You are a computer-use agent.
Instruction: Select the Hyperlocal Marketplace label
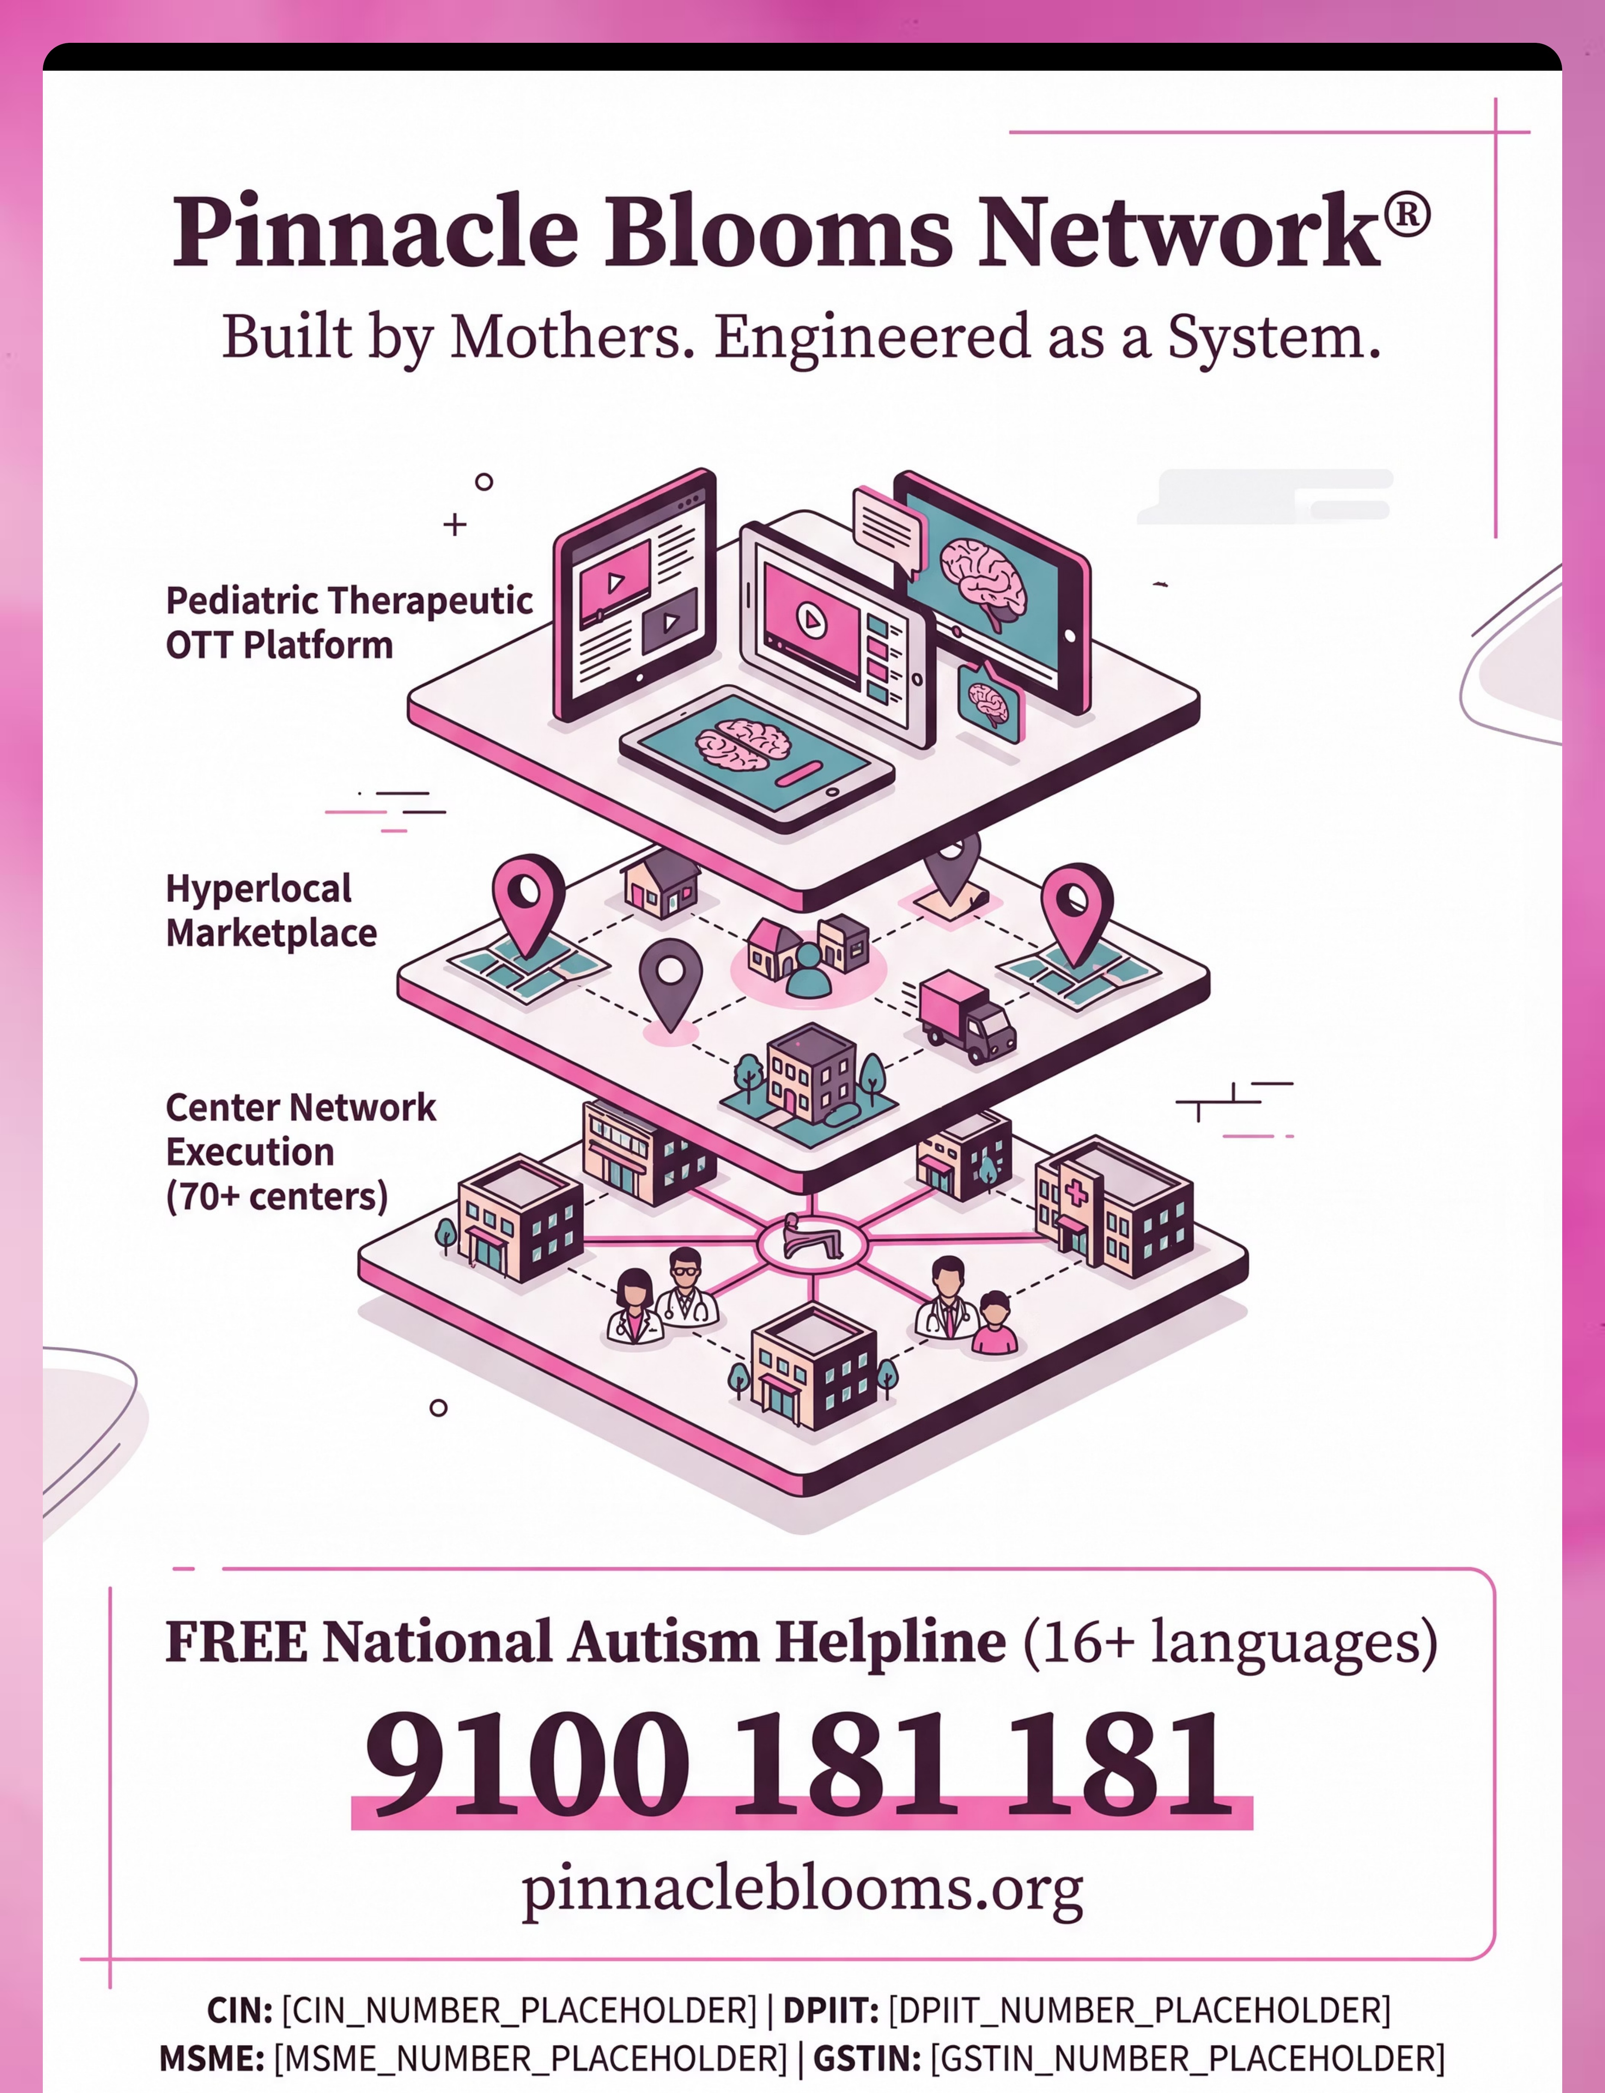pyautogui.click(x=271, y=911)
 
